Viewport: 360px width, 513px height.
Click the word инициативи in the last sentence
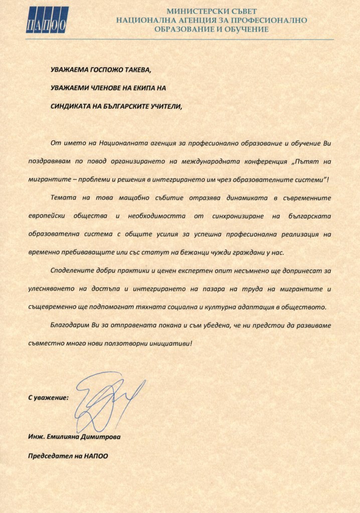point(170,342)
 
